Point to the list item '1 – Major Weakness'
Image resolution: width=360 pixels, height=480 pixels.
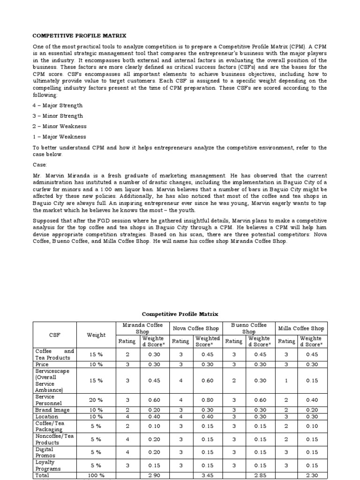59,137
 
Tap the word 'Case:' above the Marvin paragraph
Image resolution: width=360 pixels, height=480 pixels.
41,165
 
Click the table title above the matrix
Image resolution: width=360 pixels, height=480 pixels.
180,314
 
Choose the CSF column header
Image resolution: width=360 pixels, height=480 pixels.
55,335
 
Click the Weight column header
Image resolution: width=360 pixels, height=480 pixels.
96,335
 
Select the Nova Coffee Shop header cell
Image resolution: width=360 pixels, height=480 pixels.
196,328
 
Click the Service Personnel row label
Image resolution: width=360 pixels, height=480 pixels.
45,399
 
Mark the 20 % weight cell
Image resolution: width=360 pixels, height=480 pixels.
96,400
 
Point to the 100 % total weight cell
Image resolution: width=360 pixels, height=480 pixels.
96,475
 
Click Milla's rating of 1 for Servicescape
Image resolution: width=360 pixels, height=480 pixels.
286,380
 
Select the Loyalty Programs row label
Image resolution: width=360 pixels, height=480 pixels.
48,466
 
